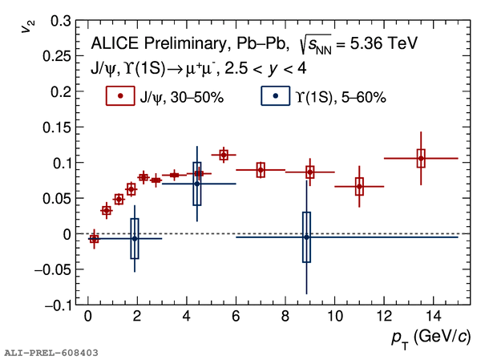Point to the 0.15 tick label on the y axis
click(x=58, y=127)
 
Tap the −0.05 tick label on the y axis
click(x=54, y=269)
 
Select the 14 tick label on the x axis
click(x=433, y=318)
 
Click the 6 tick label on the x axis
click(x=236, y=318)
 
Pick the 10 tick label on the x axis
click(x=334, y=318)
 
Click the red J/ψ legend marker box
click(x=120, y=96)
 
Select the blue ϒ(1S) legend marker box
click(x=276, y=96)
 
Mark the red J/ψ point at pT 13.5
click(x=421, y=159)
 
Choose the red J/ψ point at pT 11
click(x=359, y=187)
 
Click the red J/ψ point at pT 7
click(x=261, y=170)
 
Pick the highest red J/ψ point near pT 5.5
click(x=224, y=155)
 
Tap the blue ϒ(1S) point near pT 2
click(x=135, y=238)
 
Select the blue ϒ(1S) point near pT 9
click(x=306, y=237)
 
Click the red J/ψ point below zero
click(x=94, y=239)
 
